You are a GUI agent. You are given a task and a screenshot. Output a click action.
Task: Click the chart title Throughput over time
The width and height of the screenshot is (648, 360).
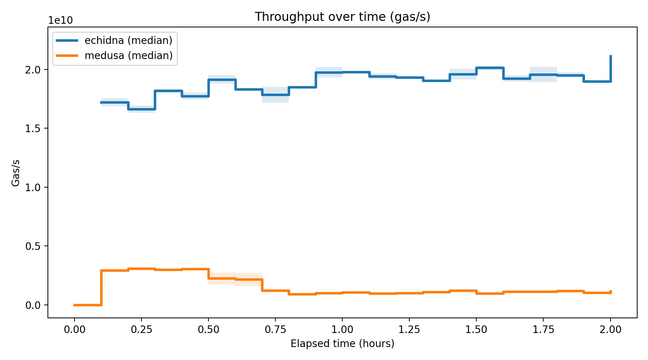342,17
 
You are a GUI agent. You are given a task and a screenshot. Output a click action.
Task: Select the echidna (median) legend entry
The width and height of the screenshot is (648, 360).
128,40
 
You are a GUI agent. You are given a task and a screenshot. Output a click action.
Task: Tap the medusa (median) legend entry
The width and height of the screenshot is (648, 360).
128,55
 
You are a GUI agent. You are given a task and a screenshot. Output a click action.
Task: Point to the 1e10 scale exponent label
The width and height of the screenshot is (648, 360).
60,21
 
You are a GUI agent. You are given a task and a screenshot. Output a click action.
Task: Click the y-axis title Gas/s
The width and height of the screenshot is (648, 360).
15,173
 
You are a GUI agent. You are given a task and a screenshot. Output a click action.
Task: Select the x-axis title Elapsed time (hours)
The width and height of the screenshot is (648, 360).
342,344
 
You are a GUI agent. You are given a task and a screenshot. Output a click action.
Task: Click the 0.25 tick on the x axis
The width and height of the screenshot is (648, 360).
141,329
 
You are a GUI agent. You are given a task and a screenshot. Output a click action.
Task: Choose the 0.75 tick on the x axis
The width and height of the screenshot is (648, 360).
275,329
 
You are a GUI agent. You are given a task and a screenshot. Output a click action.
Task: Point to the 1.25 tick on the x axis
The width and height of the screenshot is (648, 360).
409,329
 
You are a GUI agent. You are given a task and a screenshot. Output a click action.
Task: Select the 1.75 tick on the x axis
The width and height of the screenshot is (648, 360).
543,329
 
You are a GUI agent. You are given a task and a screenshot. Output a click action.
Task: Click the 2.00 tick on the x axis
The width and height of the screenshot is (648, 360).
611,329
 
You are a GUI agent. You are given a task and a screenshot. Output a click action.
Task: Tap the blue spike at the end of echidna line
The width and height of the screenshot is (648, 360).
611,67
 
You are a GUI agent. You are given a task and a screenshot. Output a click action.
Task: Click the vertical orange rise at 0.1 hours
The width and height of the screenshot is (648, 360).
102,288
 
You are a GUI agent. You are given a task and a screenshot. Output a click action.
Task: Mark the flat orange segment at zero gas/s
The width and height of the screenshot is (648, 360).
88,305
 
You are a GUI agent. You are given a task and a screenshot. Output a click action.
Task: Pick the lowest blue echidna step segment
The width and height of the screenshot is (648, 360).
141,109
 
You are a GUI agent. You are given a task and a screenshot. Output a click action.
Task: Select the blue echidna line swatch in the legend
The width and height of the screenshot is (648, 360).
67,41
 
